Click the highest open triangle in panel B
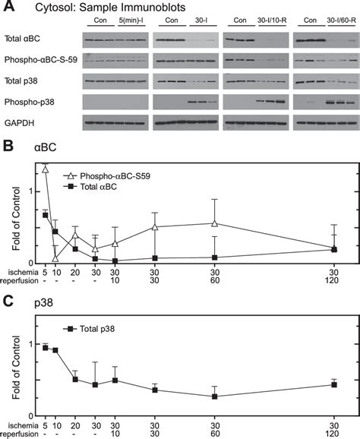(x=46, y=169)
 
